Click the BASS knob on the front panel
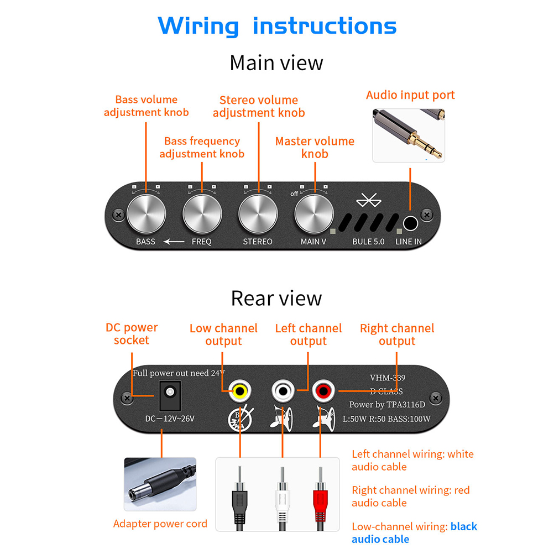pos(146,214)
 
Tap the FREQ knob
pos(202,214)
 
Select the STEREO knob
pos(258,214)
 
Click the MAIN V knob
pos(313,214)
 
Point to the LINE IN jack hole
pos(411,223)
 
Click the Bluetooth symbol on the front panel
pos(369,200)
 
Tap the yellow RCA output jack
pos(240,391)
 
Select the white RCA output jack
pos(283,391)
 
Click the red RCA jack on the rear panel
pos(323,391)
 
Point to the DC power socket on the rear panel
pos(170,396)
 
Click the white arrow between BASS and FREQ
pos(174,242)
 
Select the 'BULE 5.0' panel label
pos(368,242)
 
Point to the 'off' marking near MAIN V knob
pos(294,194)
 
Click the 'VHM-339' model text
pos(388,378)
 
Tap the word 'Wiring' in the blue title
pos(198,26)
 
